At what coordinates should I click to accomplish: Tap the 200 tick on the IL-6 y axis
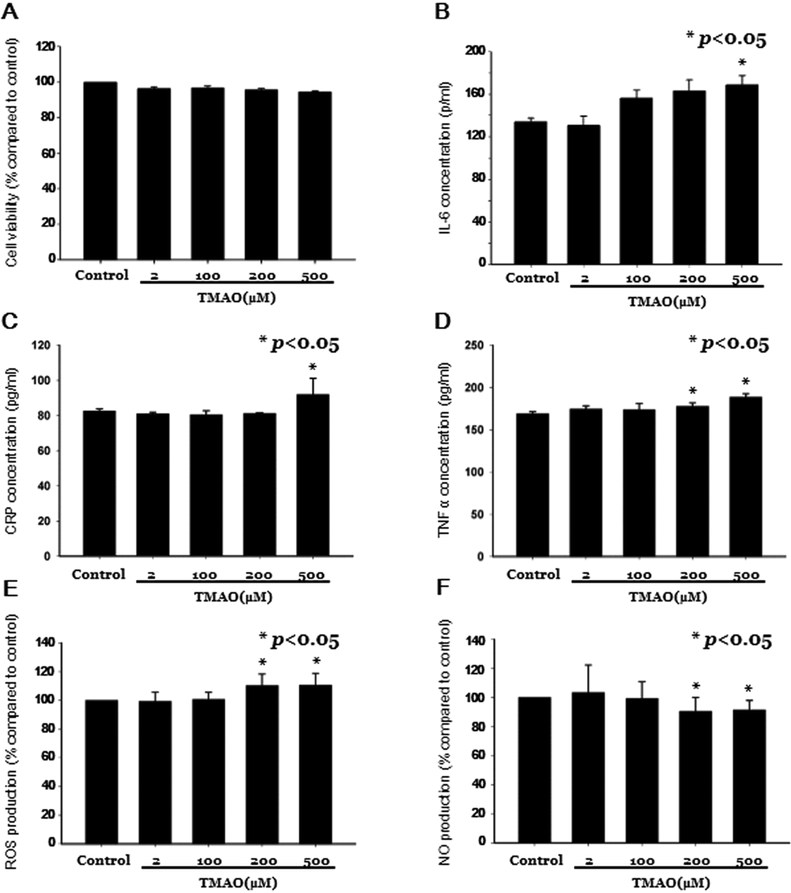475,51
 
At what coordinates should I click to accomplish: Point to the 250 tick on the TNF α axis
475,346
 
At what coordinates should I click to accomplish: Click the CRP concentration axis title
16,450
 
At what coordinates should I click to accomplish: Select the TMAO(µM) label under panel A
237,298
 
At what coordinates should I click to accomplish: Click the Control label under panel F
536,860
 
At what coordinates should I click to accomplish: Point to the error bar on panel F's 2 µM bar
589,677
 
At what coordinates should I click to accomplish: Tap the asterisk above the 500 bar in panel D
746,382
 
